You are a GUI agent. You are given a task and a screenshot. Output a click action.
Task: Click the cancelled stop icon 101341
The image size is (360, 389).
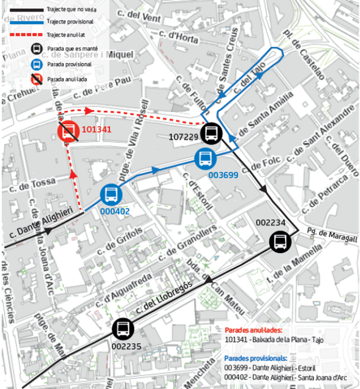pos(68,132)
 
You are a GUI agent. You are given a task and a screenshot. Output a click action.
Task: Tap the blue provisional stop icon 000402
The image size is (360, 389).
pos(111,194)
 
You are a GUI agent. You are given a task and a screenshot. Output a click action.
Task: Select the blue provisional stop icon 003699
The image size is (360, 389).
pos(204,158)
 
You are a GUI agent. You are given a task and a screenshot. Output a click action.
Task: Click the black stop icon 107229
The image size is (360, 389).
pos(211,133)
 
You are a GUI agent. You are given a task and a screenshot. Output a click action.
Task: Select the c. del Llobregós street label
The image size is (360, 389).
pos(165,298)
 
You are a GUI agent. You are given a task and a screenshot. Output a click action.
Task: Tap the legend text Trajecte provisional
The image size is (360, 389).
pos(70,22)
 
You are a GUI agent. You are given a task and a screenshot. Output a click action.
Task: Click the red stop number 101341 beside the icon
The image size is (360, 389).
pos(97,129)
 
